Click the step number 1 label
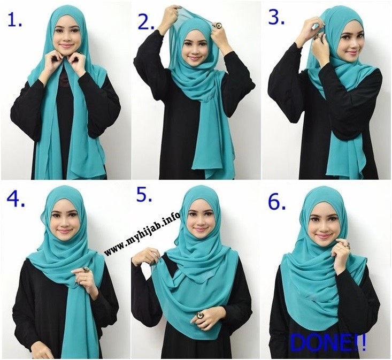[x=14, y=19]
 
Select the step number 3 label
[x=276, y=18]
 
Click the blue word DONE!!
[x=328, y=342]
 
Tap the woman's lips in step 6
[x=322, y=236]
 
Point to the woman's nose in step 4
[x=64, y=223]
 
